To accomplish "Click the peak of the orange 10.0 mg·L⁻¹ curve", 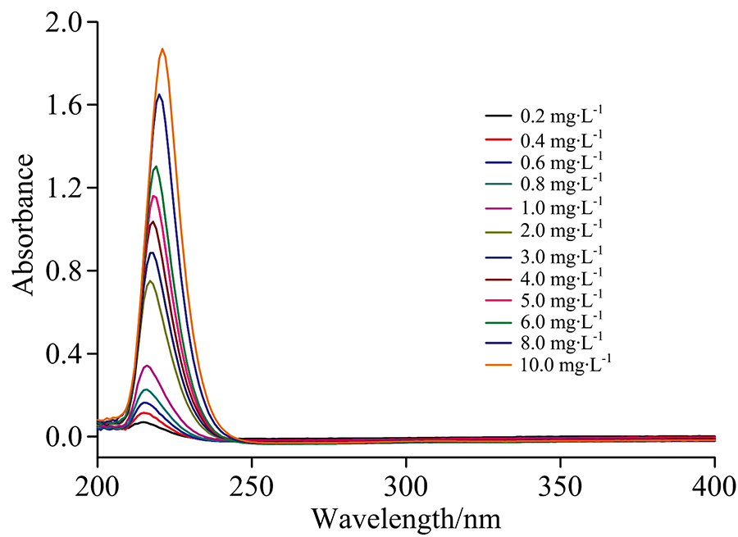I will [162, 49].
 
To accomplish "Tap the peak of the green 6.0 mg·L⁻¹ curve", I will [156, 166].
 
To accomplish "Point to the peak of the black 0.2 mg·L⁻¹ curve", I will [143, 422].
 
